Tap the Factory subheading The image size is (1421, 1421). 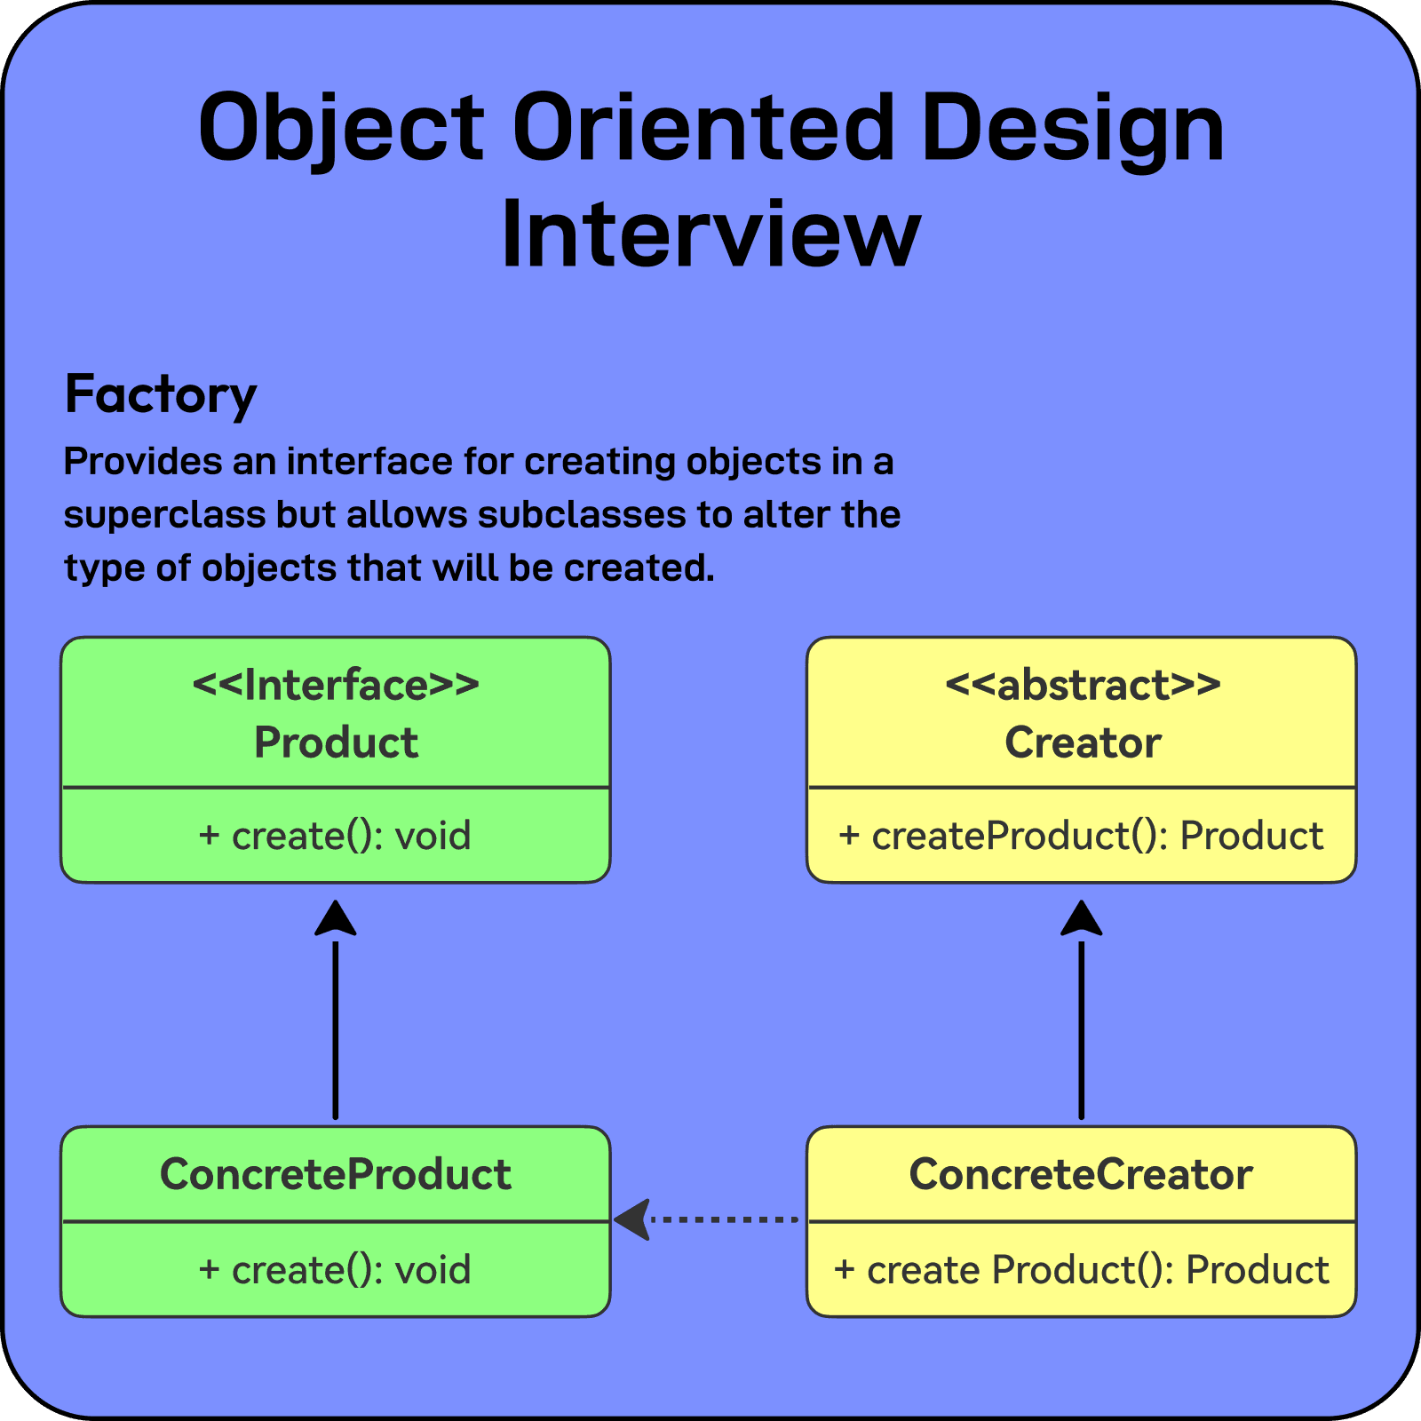pyautogui.click(x=161, y=395)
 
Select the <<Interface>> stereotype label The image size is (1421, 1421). pyautogui.click(x=336, y=685)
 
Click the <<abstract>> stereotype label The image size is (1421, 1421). pyautogui.click(x=1082, y=685)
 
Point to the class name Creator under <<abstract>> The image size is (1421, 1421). pyautogui.click(x=1082, y=742)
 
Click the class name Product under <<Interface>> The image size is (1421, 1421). pyautogui.click(x=336, y=742)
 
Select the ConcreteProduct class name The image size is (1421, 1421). pyautogui.click(x=336, y=1174)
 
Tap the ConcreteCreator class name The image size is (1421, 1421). pyautogui.click(x=1081, y=1174)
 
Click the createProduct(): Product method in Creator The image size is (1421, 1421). pyautogui.click(x=1081, y=836)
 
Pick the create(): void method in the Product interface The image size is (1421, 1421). pyautogui.click(x=336, y=836)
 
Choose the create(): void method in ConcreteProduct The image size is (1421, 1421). pyautogui.click(x=336, y=1270)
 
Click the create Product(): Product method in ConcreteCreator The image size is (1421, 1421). pyautogui.click(x=1081, y=1270)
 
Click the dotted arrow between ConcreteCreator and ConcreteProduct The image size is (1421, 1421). pyautogui.click(x=719, y=1219)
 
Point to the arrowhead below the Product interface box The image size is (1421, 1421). pyautogui.click(x=336, y=918)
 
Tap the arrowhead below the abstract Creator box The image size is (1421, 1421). pyautogui.click(x=1081, y=918)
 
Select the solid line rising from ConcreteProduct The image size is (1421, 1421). pyautogui.click(x=336, y=1030)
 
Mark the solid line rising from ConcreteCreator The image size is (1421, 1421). pyautogui.click(x=1081, y=1030)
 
